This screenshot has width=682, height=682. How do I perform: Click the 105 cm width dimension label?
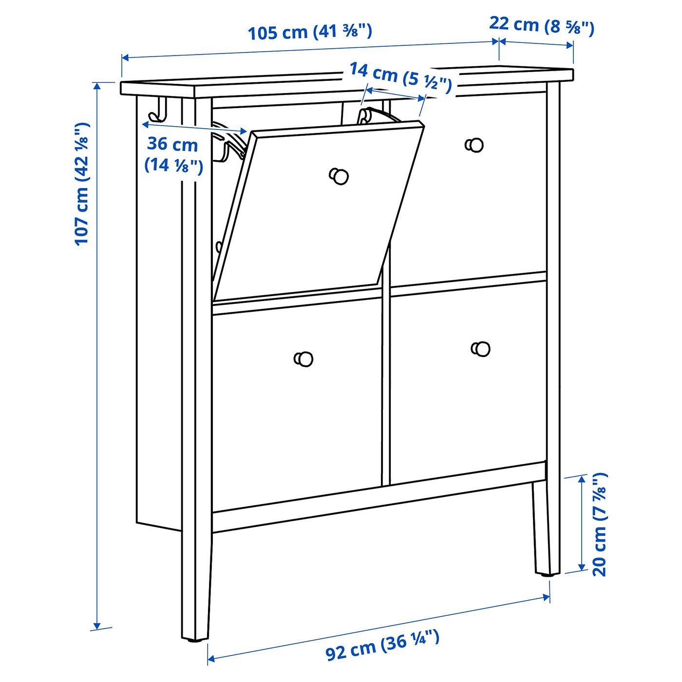tap(310, 32)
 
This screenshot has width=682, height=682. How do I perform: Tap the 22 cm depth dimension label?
tap(542, 25)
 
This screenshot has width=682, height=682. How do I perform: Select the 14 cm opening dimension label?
tap(400, 78)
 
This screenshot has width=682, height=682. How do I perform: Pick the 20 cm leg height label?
tap(600, 524)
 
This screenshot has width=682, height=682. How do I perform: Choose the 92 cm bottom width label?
tap(382, 645)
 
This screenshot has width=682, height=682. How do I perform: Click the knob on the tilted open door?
tap(339, 176)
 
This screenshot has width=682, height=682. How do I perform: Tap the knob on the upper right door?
tap(474, 145)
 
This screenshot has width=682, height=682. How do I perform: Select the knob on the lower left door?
tap(304, 359)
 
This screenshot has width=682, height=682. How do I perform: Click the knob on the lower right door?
tap(481, 349)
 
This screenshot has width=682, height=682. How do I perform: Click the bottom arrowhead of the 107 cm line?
tap(97, 625)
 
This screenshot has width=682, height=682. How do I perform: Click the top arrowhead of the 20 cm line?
tap(582, 479)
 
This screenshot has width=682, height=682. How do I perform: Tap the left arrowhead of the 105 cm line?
tap(125, 58)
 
